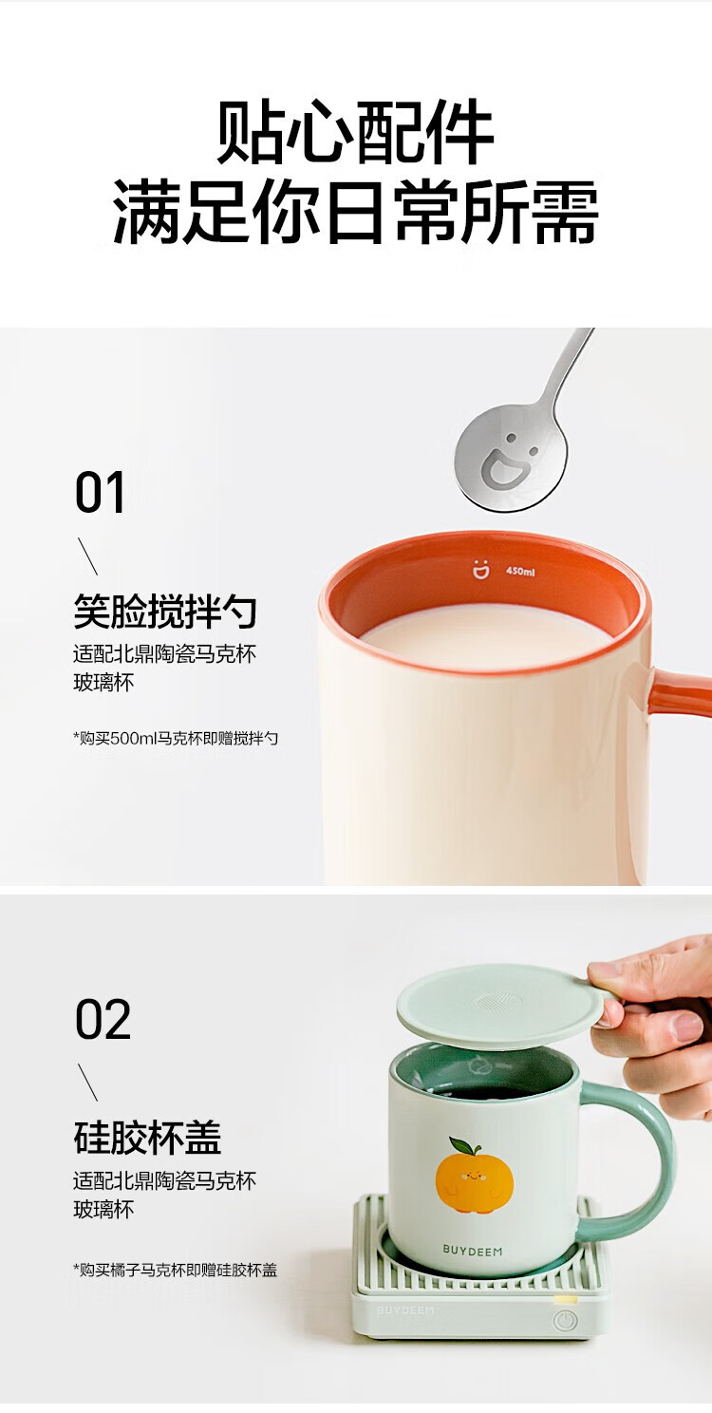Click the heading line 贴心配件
coord(355,135)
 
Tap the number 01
coord(100,494)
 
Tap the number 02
coord(102,1020)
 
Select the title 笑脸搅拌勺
coord(165,612)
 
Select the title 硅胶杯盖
coord(147,1138)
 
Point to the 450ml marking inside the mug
coord(520,572)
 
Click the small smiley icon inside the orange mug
coord(480,570)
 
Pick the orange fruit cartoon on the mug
coord(475,1178)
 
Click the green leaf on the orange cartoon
coord(466,1146)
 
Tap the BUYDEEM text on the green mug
coord(473,1250)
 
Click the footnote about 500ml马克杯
coord(176,738)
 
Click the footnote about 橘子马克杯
coord(176,1270)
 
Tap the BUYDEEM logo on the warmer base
coord(405,1309)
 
